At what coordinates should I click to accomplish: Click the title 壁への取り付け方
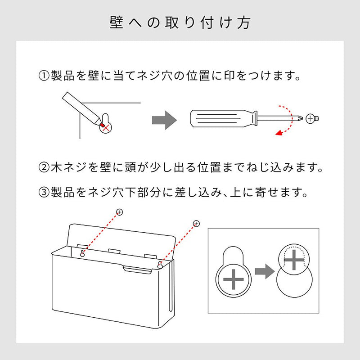(180, 23)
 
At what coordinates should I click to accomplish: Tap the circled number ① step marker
(44, 76)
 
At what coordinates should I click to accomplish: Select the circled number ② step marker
(44, 167)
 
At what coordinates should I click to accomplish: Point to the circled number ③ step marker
(44, 192)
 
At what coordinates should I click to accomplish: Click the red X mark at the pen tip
(106, 128)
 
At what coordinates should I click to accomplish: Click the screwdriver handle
(221, 118)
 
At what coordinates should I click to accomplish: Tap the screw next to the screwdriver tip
(312, 119)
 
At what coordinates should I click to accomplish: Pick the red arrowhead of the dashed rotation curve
(279, 132)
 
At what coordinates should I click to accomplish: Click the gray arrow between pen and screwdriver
(164, 120)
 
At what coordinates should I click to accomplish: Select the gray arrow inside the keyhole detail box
(265, 271)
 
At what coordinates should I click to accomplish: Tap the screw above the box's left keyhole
(119, 212)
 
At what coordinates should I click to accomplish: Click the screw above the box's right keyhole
(196, 223)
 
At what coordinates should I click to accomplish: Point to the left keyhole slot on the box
(82, 253)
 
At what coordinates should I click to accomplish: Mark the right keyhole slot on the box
(160, 265)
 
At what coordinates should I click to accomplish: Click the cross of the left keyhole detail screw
(233, 279)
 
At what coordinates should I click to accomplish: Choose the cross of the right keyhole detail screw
(294, 260)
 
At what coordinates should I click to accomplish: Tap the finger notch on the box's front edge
(138, 270)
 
